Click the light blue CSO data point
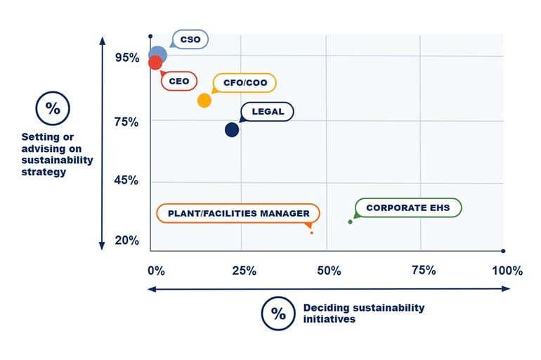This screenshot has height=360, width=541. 158,54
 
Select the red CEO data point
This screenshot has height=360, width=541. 155,63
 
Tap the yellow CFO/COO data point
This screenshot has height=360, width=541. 204,101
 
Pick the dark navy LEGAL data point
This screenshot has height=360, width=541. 232,129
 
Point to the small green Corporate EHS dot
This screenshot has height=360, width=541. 351,222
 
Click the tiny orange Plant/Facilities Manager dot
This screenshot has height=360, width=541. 311,232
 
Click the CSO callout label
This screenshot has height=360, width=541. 190,40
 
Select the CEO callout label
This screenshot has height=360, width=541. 178,82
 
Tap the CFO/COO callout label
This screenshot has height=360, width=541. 245,83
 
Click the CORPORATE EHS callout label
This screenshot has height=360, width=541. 408,208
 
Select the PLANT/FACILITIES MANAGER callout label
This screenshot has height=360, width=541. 237,213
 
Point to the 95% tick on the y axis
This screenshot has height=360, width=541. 126,57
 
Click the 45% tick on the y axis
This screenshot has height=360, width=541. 126,181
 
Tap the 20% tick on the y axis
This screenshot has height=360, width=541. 126,240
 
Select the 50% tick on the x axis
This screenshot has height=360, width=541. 329,271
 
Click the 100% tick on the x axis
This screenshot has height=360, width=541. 507,271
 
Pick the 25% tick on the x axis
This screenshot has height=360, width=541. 242,271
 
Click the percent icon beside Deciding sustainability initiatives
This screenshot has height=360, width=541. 278,314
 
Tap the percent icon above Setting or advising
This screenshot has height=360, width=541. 53,108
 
